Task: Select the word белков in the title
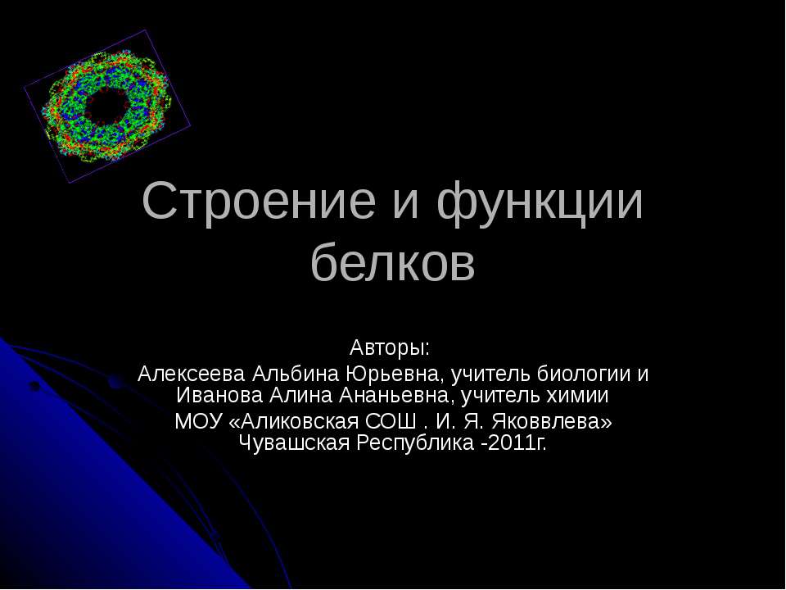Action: point(393,263)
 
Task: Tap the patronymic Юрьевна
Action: point(396,374)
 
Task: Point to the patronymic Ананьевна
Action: point(396,396)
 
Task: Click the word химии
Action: point(580,396)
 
